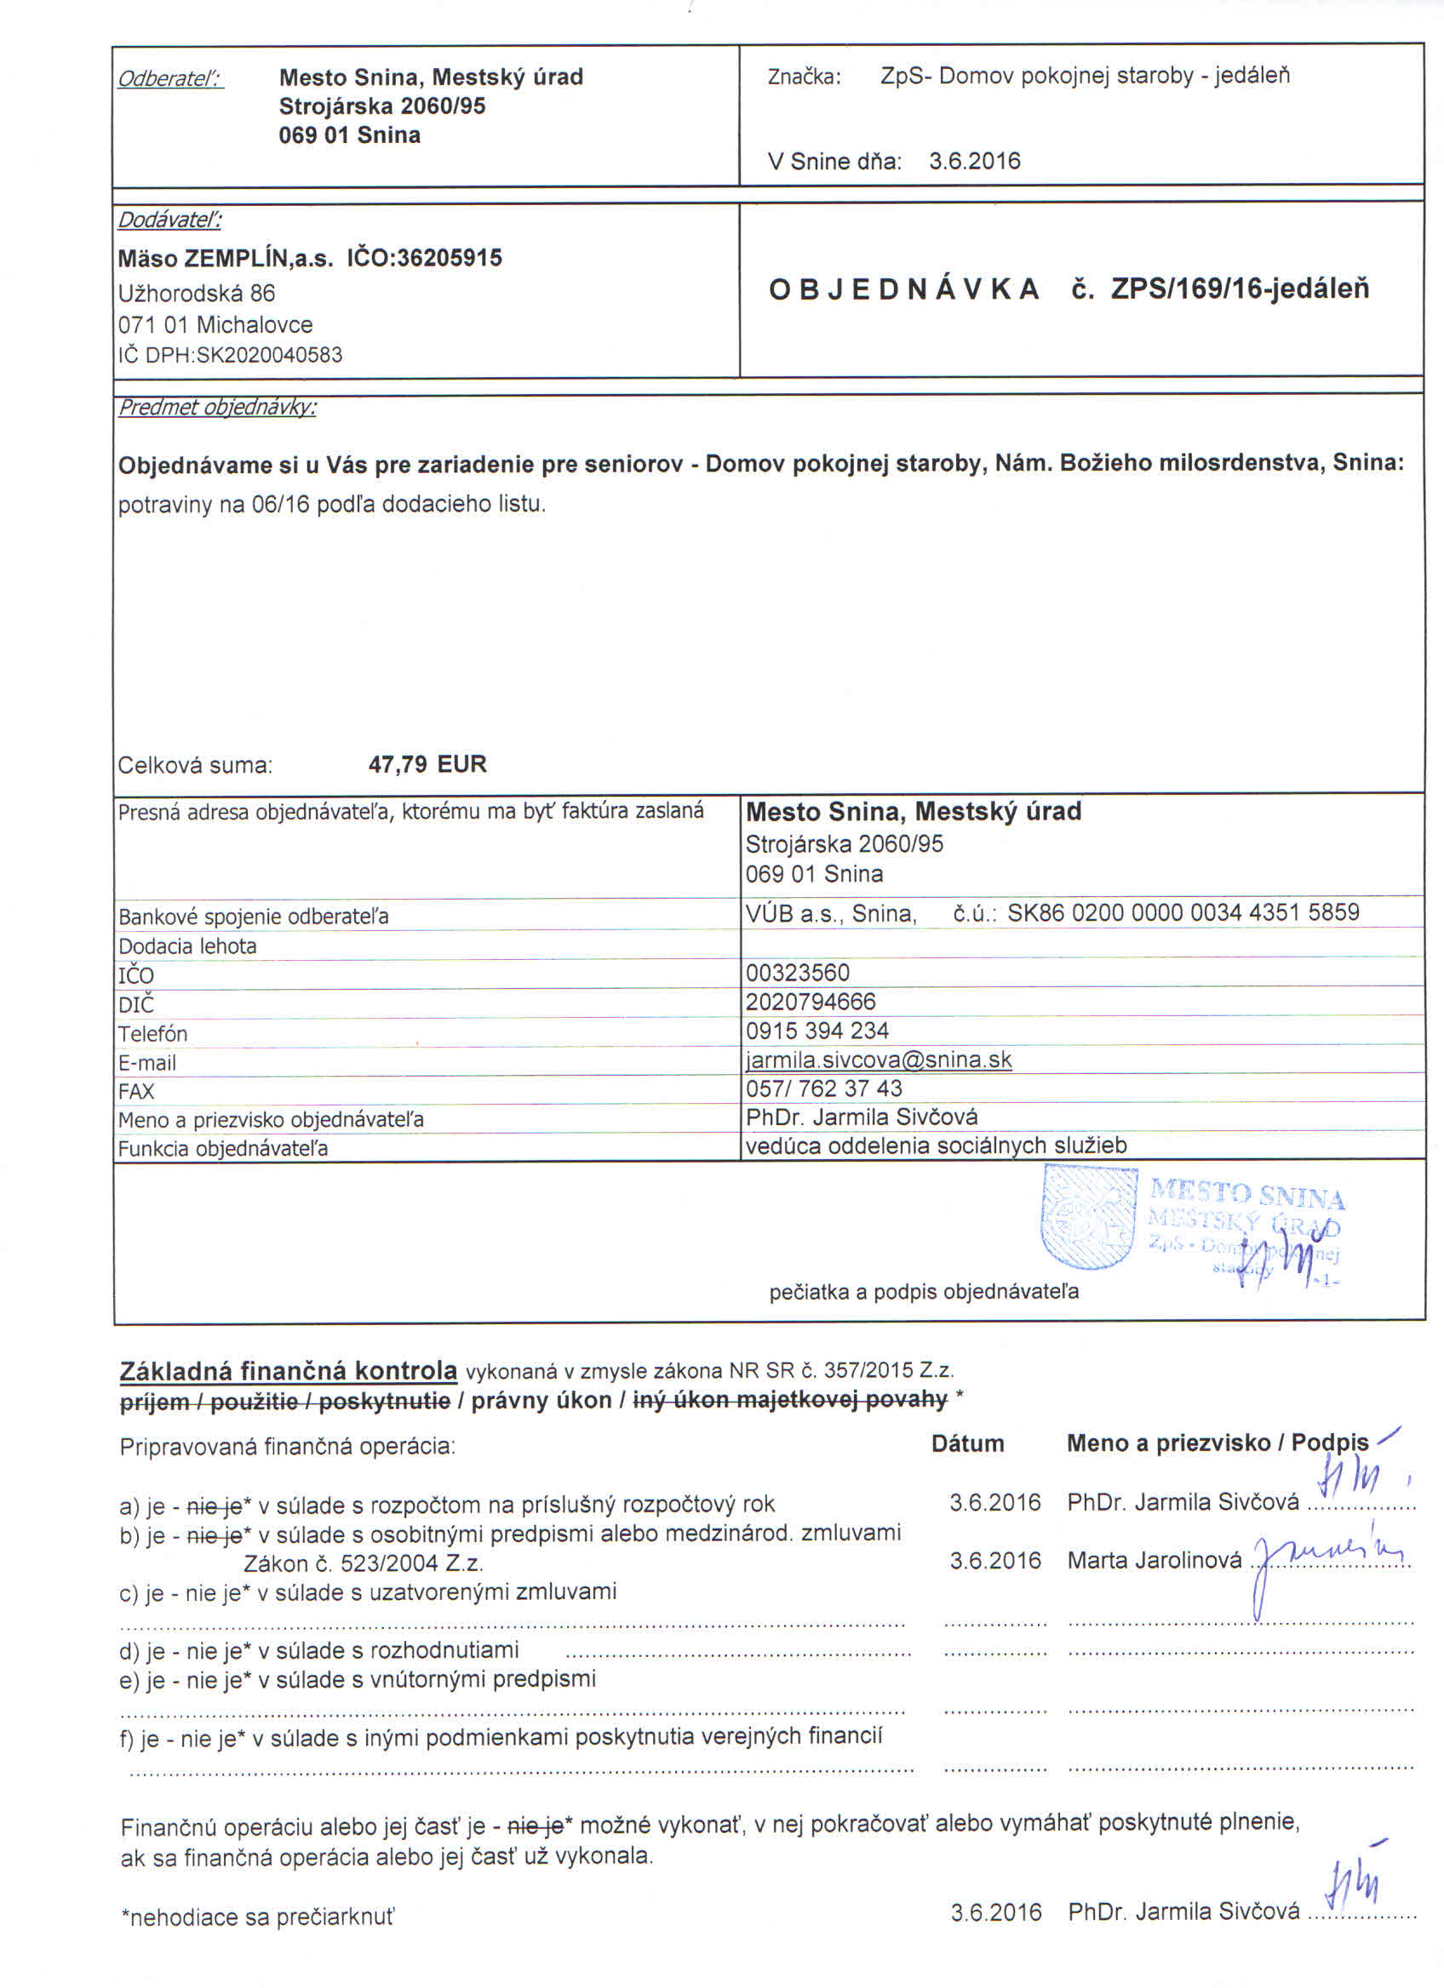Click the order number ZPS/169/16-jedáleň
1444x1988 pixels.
click(x=1239, y=288)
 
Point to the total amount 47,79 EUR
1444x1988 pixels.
click(x=427, y=763)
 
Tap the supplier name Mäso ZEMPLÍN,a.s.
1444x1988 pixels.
click(x=226, y=259)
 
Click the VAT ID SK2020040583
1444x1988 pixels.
click(x=269, y=355)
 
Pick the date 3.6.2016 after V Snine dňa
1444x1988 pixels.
click(x=974, y=162)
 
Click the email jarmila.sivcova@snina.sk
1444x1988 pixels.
click(x=879, y=1060)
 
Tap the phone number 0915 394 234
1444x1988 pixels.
click(x=817, y=1031)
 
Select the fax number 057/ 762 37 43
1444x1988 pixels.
click(x=823, y=1088)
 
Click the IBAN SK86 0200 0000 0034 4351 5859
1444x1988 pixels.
click(x=1183, y=912)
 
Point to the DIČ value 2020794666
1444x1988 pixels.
click(x=810, y=1002)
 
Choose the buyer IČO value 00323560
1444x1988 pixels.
click(x=797, y=973)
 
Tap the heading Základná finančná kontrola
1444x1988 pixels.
click(x=289, y=1371)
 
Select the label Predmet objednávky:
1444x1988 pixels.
click(x=217, y=408)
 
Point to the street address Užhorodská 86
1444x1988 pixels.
click(x=197, y=293)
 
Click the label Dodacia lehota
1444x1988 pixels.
click(x=187, y=946)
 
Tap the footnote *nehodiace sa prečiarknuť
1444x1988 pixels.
click(x=258, y=1917)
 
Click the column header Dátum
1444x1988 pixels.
click(x=967, y=1443)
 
